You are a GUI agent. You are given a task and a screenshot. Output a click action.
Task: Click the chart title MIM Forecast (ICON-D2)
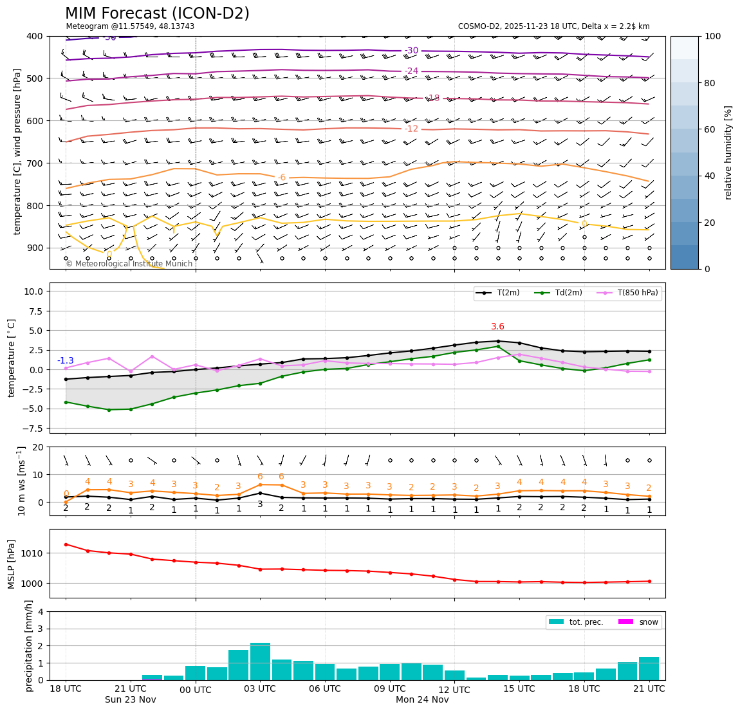coord(157,14)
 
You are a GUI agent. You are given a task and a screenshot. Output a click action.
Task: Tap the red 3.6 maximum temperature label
coord(497,327)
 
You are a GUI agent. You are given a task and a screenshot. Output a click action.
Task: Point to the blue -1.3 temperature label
coord(66,361)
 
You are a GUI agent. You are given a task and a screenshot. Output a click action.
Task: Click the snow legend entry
coord(637,622)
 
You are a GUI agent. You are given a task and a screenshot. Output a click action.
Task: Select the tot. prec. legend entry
coord(575,622)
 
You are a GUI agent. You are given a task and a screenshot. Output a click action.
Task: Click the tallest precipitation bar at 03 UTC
coord(260,661)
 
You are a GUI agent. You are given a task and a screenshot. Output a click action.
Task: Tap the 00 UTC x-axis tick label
coord(195,690)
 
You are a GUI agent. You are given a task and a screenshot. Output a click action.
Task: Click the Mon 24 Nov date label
coord(422,700)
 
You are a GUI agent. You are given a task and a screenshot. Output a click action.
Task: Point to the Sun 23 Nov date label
coord(131,700)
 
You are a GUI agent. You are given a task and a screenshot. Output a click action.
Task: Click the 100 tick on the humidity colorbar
coord(713,36)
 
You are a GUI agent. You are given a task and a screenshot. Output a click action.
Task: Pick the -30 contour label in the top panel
coord(411,51)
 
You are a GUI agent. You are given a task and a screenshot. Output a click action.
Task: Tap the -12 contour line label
coord(411,129)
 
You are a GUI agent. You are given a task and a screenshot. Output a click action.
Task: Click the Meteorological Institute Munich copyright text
coord(129,264)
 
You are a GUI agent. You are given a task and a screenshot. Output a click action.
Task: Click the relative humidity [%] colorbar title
coord(728,152)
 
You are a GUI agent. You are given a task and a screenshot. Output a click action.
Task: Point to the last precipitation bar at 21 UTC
coord(649,668)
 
